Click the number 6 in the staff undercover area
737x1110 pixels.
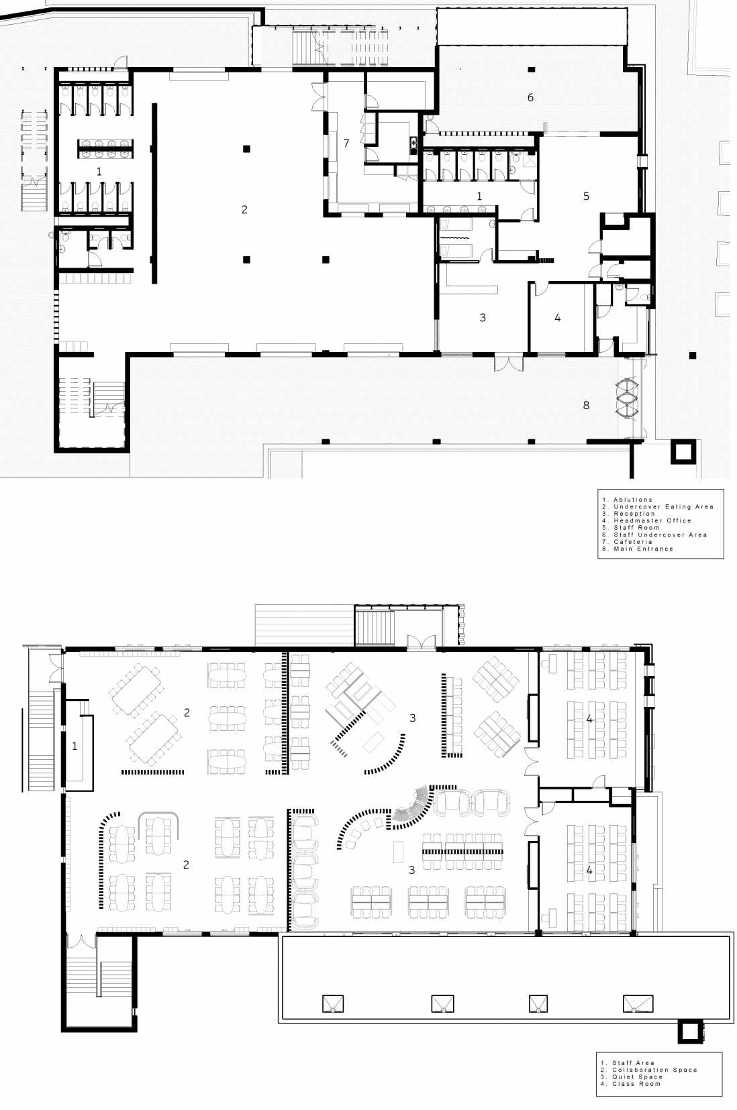[x=530, y=98]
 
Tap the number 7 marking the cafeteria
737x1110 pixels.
[x=346, y=144]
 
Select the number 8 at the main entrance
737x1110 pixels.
[x=586, y=405]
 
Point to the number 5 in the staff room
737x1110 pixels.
[x=586, y=197]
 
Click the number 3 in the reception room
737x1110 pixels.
[x=483, y=318]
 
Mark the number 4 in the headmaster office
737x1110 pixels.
[x=558, y=318]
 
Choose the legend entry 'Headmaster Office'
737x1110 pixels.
[x=652, y=520]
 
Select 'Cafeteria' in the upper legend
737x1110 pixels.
[x=634, y=542]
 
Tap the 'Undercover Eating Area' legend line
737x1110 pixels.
[x=664, y=506]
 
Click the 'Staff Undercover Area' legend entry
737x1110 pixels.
[x=660, y=535]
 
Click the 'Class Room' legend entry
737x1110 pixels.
[x=636, y=1083]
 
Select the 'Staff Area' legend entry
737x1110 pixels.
[x=634, y=1062]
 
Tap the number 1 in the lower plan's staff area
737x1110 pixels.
[x=75, y=746]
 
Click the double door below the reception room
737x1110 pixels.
[x=508, y=364]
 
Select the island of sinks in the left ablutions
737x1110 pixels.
[x=105, y=149]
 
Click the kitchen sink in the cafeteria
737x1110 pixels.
[x=413, y=144]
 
